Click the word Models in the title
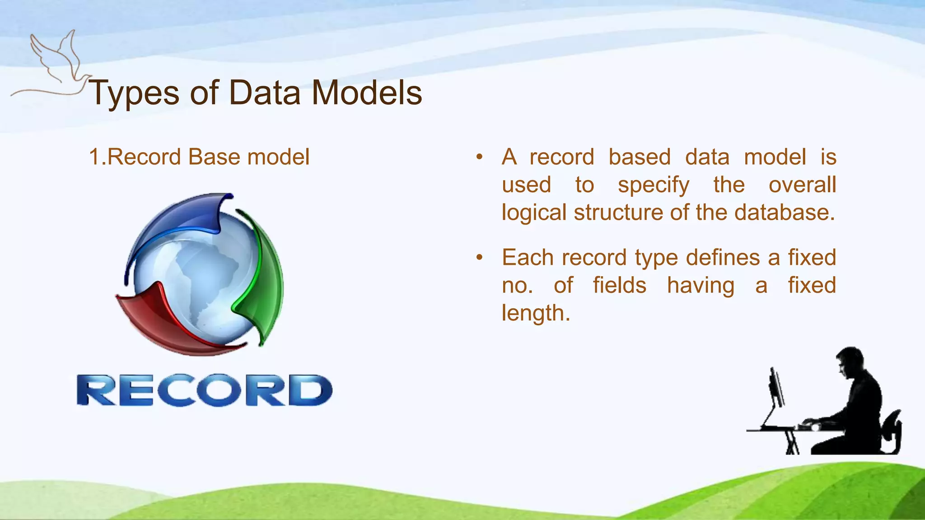[x=367, y=93]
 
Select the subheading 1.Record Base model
[x=199, y=157]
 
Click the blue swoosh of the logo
[x=181, y=221]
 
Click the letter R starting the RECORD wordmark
[x=95, y=390]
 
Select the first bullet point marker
[x=479, y=158]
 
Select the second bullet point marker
[x=479, y=258]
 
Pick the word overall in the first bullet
[x=802, y=185]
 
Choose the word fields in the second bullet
[x=619, y=286]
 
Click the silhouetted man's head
[x=849, y=361]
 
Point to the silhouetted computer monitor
[x=777, y=388]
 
